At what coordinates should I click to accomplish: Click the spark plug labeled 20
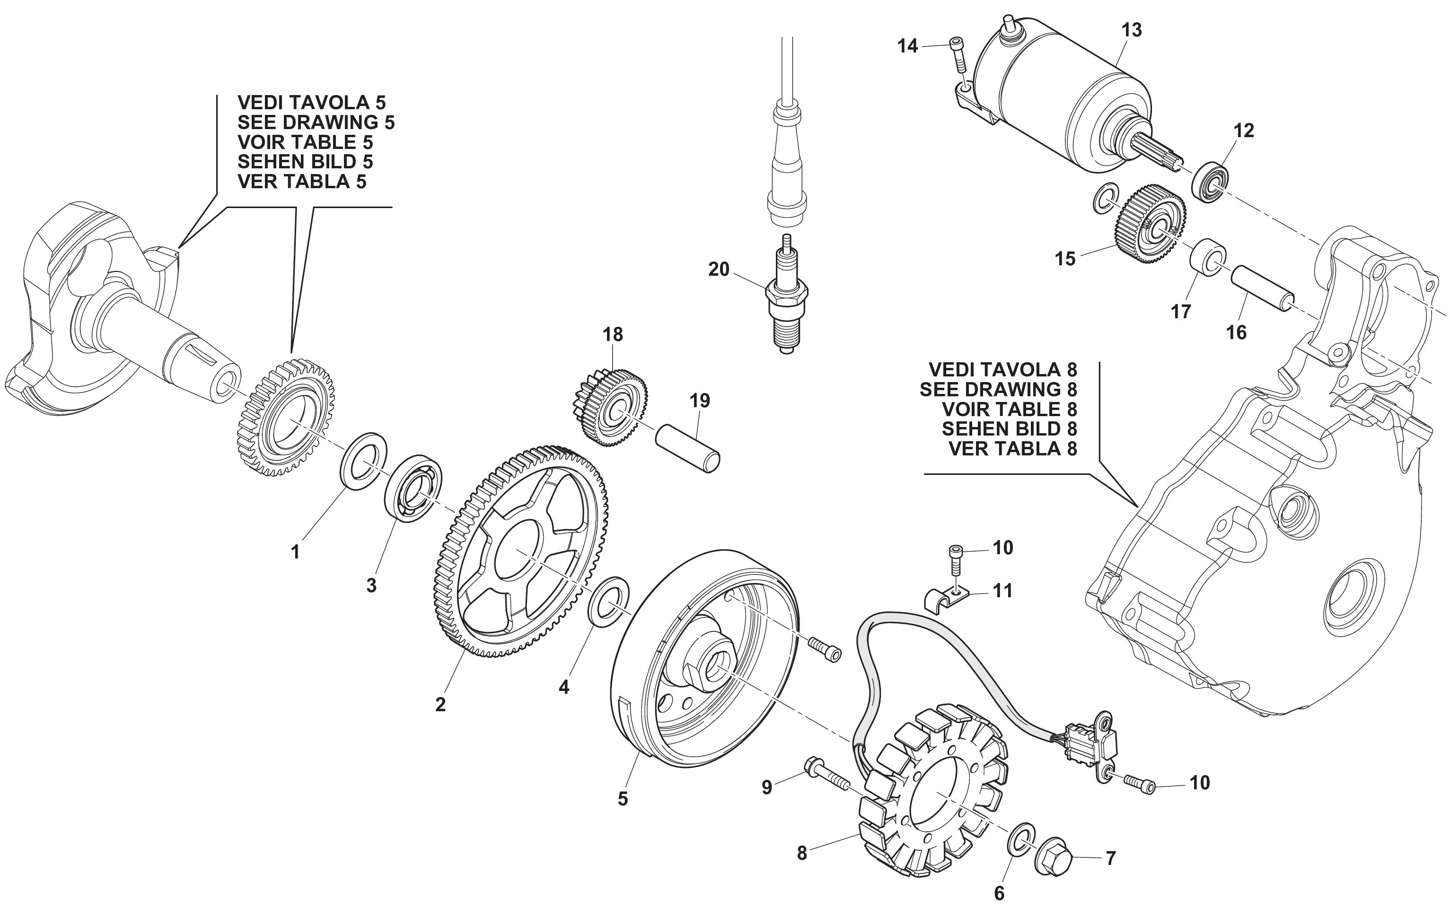(786, 301)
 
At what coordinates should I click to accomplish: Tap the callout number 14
(907, 46)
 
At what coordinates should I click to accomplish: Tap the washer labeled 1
(364, 461)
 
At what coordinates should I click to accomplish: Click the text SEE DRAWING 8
(998, 389)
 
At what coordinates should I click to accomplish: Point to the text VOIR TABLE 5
(305, 142)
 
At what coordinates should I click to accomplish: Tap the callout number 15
(1064, 259)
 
